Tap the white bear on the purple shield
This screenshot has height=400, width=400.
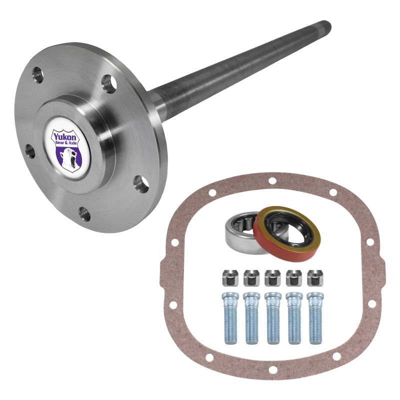[68, 157]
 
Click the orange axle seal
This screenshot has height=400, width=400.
[287, 233]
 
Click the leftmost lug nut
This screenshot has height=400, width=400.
[230, 278]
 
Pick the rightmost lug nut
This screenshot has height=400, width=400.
[315, 278]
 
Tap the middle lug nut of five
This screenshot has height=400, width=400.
[272, 278]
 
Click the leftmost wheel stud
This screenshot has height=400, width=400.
[230, 318]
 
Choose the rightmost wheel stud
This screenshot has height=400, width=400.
[315, 318]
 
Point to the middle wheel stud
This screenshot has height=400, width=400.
[273, 318]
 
